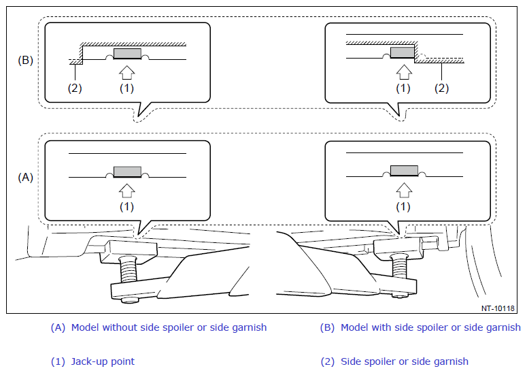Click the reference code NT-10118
(x=498, y=308)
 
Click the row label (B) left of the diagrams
(x=25, y=60)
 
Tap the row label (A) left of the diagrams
(x=25, y=177)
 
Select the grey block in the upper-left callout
(x=127, y=54)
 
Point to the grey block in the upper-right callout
(x=403, y=52)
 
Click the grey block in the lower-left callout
(x=127, y=172)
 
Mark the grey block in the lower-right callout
(x=404, y=171)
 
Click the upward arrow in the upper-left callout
(x=127, y=73)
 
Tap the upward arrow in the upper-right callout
(x=404, y=72)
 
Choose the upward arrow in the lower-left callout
(x=127, y=191)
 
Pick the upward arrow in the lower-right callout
(x=404, y=190)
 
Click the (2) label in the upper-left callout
(x=75, y=88)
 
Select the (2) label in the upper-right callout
(x=441, y=88)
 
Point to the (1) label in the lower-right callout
(x=403, y=206)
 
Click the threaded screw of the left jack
(x=129, y=270)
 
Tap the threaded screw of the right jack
(x=400, y=265)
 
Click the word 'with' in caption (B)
(x=381, y=327)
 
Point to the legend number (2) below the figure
(x=328, y=361)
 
